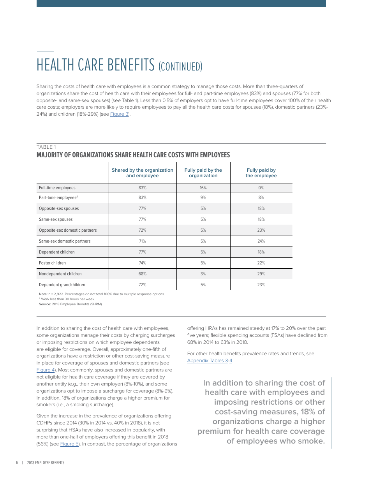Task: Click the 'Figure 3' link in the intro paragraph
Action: coord(119,114)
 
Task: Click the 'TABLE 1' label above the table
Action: coord(46,147)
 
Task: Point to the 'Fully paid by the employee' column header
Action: coord(261,173)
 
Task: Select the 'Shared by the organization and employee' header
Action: coord(142,173)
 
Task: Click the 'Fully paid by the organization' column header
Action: coord(203,173)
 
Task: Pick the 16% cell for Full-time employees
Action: coord(203,188)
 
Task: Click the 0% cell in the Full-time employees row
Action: coord(261,188)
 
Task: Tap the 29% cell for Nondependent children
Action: coord(261,274)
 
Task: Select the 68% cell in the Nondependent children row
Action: coord(142,274)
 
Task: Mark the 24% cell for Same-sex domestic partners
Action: coord(261,241)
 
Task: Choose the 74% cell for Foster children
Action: coord(142,263)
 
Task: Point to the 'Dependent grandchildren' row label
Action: coord(62,285)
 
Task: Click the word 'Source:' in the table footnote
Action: coord(45,304)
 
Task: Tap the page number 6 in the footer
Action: coord(17,463)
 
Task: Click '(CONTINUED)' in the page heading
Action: coord(180,67)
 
